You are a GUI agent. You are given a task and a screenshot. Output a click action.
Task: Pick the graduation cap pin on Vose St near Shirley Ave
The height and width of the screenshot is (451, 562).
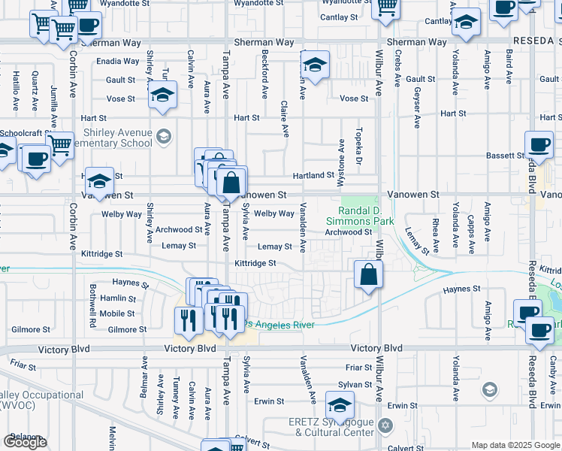point(161,96)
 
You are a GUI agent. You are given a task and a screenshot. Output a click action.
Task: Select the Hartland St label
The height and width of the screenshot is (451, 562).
point(313,175)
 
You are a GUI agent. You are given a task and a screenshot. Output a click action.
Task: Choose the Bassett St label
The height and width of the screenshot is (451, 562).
point(504,156)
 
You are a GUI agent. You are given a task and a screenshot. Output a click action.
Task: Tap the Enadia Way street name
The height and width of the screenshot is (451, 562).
point(118,61)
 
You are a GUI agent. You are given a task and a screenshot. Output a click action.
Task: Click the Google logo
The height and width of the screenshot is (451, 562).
point(25,442)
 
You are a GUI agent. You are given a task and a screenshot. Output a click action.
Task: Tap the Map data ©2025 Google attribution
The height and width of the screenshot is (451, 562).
point(515,445)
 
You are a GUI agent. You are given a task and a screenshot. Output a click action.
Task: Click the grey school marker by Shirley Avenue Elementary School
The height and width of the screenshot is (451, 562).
point(165,136)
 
